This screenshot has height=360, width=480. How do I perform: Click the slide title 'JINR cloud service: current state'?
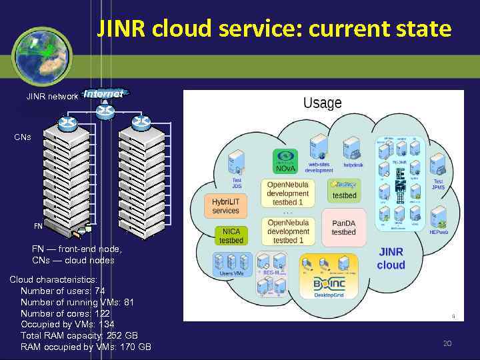coord(274,29)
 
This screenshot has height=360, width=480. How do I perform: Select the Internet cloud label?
coord(103,95)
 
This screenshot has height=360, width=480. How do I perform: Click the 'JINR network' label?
coord(52,97)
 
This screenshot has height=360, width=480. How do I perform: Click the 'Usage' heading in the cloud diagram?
coord(322,103)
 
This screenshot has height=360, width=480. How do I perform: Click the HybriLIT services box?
coord(225,206)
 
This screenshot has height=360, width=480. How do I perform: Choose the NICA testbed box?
coord(231,235)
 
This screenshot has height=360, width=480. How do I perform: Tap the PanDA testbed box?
coord(343,227)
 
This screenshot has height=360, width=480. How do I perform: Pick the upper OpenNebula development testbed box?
coord(288,193)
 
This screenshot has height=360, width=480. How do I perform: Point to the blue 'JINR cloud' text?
coord(391,259)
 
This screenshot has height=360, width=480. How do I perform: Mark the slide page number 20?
coord(447,343)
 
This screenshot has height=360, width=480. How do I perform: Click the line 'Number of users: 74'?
coord(62,291)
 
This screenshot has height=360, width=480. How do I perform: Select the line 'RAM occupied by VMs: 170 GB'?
coord(85,347)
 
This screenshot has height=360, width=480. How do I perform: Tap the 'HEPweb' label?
coord(438,232)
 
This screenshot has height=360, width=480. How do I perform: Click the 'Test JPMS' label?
coord(438,184)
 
